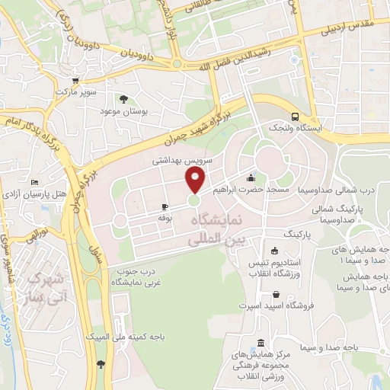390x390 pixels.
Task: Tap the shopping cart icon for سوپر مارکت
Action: click(75, 82)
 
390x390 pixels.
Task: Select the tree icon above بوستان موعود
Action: click(123, 98)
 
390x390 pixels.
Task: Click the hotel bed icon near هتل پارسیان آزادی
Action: click(35, 182)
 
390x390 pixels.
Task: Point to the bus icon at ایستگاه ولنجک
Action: click(295, 117)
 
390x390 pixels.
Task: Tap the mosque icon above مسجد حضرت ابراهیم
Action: click(250, 178)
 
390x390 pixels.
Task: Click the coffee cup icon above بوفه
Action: click(165, 206)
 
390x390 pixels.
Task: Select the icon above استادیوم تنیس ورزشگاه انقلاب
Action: click(274, 251)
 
